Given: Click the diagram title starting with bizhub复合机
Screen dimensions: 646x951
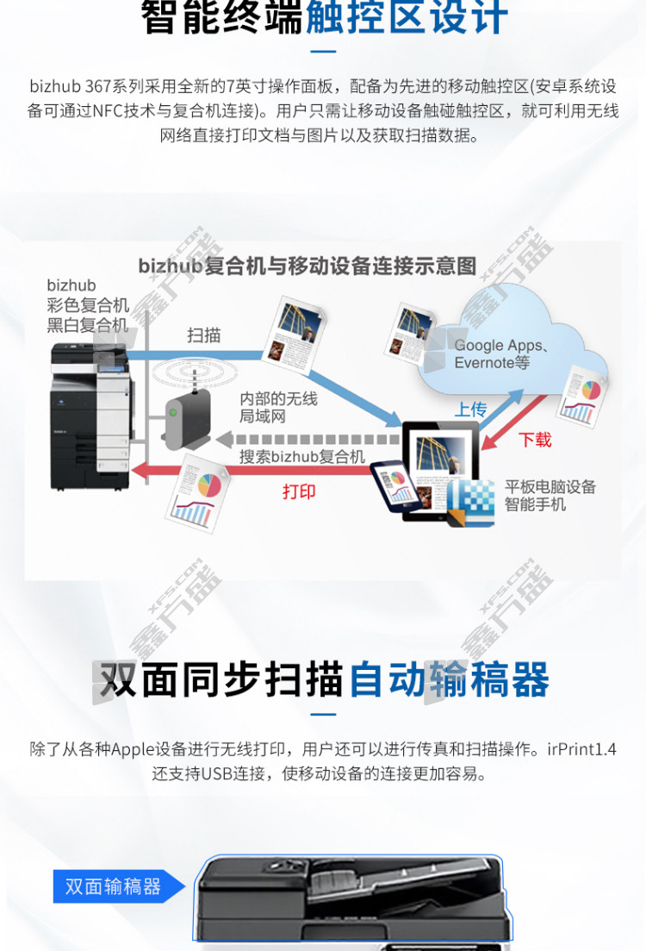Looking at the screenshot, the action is [307, 266].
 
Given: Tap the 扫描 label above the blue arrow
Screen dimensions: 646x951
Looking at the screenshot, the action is [203, 335].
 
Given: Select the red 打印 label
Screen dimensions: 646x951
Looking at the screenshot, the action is [299, 491].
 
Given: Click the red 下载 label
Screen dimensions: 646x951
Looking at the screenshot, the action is [535, 439].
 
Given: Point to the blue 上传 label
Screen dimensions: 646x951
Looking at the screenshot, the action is [471, 410].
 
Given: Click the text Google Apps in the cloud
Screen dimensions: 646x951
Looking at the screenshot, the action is [498, 345].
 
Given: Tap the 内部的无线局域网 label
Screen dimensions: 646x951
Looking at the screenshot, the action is [279, 407].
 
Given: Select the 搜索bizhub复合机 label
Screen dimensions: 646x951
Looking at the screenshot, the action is [302, 456].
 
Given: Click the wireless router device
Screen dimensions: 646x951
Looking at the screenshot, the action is [187, 418].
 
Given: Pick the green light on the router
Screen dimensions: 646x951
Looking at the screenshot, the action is [173, 412].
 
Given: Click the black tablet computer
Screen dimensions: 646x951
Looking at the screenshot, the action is [440, 472].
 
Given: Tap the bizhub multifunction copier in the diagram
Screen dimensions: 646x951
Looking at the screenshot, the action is [91, 416].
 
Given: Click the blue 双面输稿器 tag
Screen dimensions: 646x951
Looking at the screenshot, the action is [119, 886].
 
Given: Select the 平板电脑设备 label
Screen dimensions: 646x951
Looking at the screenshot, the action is [550, 486].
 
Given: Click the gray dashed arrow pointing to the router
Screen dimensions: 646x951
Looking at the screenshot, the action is [308, 439].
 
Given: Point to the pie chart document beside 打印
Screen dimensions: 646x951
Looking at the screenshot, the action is [197, 494].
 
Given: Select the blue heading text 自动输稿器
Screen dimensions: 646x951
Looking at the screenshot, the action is [449, 680].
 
